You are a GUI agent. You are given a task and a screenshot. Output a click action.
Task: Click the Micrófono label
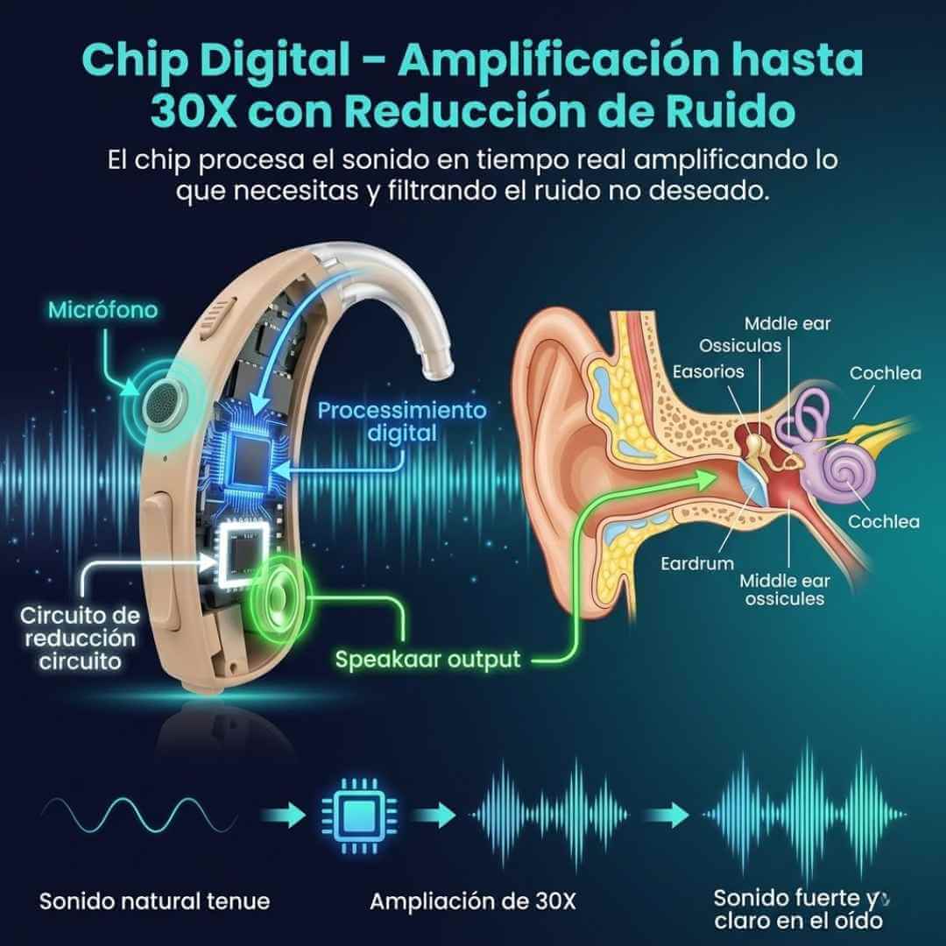[x=102, y=309]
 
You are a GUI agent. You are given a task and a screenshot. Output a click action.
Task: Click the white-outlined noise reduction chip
[x=244, y=554]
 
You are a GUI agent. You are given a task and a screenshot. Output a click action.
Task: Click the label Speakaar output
[x=427, y=659]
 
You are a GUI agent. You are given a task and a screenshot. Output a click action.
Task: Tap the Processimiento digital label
[x=402, y=421]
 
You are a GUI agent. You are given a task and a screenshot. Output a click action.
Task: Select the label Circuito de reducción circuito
[x=80, y=639]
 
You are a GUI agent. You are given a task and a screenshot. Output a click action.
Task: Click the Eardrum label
[x=697, y=563]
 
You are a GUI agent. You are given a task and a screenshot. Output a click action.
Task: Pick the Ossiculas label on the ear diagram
[x=739, y=346]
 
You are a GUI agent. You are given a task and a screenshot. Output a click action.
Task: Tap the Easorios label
[x=709, y=371]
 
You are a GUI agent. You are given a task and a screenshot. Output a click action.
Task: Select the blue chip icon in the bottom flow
[x=360, y=815]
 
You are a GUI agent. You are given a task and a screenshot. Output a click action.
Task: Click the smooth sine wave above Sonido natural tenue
[x=140, y=815]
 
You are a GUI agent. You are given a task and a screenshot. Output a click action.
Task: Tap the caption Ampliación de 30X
[x=472, y=901]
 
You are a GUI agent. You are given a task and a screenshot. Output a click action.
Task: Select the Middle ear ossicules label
[x=784, y=589]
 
